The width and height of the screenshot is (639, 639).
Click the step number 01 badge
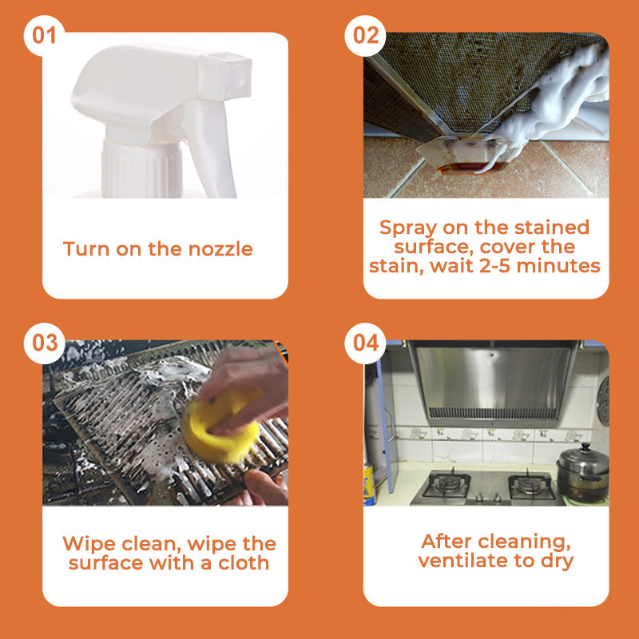pyautogui.click(x=44, y=36)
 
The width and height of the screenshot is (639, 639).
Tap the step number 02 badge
pyautogui.click(x=365, y=36)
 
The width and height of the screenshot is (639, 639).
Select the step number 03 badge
pyautogui.click(x=44, y=343)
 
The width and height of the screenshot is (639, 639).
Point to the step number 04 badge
pyautogui.click(x=365, y=343)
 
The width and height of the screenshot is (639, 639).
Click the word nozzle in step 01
pyautogui.click(x=220, y=249)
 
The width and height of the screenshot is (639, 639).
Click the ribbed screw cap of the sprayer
pyautogui.click(x=141, y=170)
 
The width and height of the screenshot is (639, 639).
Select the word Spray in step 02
pyautogui.click(x=408, y=228)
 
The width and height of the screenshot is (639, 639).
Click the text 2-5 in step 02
pyautogui.click(x=495, y=266)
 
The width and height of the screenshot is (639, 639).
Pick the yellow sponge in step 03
pyautogui.click(x=220, y=426)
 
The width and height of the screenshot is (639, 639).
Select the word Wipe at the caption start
pyautogui.click(x=89, y=545)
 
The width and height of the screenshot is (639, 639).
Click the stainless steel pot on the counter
pyautogui.click(x=582, y=473)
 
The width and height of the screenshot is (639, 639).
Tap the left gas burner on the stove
pyautogui.click(x=447, y=484)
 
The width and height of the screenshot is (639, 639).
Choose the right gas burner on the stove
pyautogui.click(x=531, y=485)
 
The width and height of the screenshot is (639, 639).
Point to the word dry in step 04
pyautogui.click(x=557, y=562)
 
